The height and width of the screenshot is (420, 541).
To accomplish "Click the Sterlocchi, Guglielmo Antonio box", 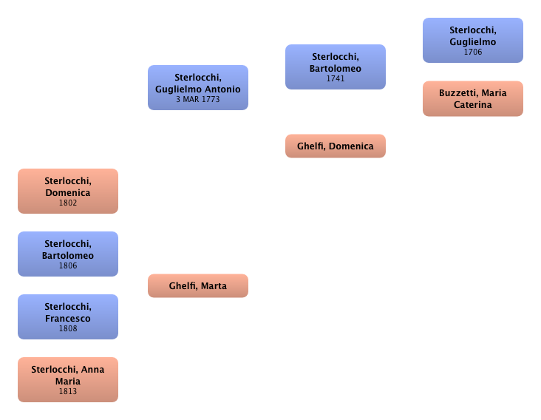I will coord(197,87).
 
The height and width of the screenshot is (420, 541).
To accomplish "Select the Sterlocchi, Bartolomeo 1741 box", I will coord(336,67).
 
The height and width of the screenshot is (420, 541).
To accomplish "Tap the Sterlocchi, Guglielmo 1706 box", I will coord(472,40).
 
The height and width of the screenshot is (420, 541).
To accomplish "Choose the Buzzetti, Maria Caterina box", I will coord(472,98).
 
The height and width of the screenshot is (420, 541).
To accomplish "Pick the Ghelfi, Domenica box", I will coord(336,146).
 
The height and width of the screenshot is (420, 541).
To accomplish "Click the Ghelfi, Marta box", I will coord(198,285).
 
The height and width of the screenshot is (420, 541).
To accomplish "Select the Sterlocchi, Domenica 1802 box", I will coord(68,192).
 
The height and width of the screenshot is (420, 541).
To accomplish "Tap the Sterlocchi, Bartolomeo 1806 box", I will coord(68,254).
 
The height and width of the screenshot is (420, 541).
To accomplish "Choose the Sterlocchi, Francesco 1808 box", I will coord(68,317).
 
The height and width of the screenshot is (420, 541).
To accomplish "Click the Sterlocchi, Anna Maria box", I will coord(68,379).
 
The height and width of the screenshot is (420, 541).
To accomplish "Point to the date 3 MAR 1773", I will coord(198,99).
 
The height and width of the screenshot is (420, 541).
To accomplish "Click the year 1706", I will coord(472,52).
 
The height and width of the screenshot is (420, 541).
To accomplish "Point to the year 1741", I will coord(336,78).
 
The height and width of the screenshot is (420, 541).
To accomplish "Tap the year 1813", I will coord(68,391).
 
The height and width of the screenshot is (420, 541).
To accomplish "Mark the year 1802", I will coord(68,203).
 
